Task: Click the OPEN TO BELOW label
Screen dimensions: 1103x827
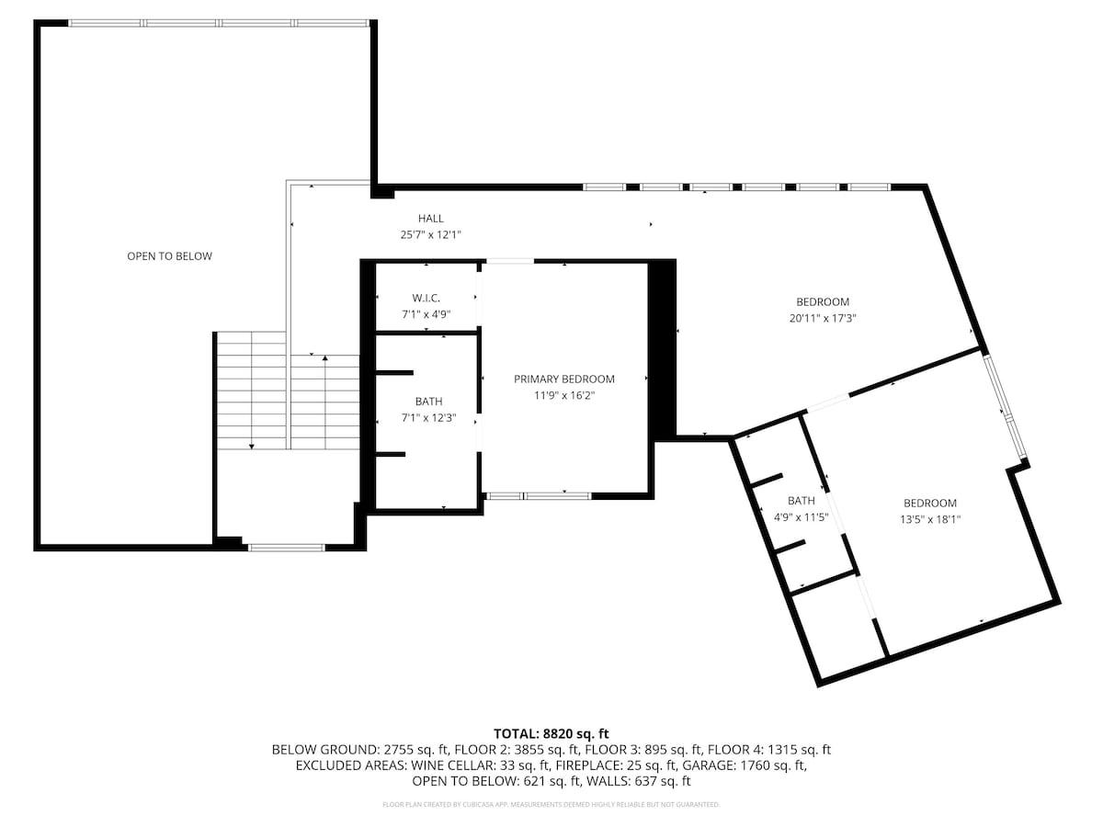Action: point(169,256)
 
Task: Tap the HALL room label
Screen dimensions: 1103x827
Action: point(431,219)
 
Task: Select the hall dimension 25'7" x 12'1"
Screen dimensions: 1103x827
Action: point(431,234)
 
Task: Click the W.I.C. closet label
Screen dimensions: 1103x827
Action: point(426,298)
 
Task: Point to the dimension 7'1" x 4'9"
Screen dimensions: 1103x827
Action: point(426,314)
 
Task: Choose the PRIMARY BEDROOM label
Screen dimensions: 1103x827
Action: point(563,380)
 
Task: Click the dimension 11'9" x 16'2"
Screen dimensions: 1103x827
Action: point(563,396)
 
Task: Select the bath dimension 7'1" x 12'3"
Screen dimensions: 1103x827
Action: point(428,418)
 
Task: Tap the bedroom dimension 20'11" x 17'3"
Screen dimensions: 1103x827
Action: point(823,318)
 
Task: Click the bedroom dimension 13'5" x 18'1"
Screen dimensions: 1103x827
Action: point(930,519)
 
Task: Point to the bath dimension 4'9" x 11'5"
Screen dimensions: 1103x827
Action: point(801,516)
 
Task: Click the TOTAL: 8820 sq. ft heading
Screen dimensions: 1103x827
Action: point(551,733)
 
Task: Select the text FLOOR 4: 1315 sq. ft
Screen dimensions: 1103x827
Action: point(769,750)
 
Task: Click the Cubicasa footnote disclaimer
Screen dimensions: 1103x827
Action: point(551,804)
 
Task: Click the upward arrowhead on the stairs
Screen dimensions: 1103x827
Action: point(325,358)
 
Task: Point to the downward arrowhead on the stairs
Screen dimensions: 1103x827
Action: point(251,446)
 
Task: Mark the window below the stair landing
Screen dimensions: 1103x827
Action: point(287,548)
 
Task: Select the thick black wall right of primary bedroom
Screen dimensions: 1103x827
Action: point(661,350)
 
